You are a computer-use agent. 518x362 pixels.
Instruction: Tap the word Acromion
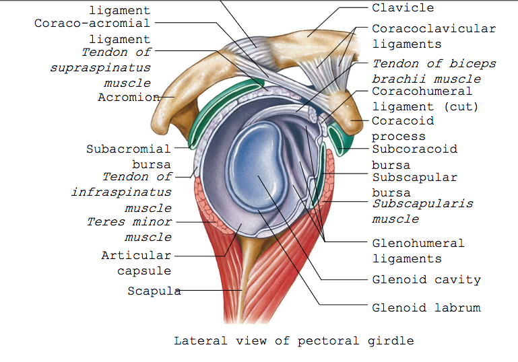click(129, 98)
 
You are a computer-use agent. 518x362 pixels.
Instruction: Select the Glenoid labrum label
click(426, 307)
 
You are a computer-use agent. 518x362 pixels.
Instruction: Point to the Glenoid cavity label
click(426, 279)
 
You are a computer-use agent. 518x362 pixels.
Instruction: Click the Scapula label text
click(154, 291)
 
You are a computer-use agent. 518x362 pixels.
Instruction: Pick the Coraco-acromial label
click(92, 24)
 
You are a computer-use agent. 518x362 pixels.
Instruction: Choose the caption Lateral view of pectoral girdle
click(294, 340)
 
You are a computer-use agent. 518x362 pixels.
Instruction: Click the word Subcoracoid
click(415, 149)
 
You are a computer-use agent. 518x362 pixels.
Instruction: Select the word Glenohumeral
click(418, 243)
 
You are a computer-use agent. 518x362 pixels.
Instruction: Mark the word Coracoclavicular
click(434, 29)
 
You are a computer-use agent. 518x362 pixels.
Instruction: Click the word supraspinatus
click(100, 68)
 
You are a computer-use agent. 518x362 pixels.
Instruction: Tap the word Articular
click(136, 256)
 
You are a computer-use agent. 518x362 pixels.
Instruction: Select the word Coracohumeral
click(422, 91)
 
